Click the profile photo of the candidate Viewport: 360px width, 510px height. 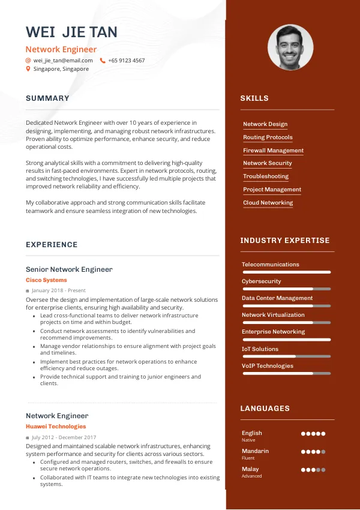coord(290,47)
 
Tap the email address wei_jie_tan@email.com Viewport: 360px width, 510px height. coord(63,61)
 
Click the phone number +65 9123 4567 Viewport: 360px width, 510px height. coord(126,61)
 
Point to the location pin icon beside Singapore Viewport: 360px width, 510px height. coord(28,69)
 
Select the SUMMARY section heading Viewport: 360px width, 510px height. coord(47,98)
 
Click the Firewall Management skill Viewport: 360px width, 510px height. coord(273,151)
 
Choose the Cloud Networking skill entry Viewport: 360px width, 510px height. coord(268,203)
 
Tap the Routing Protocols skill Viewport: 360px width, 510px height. coord(268,137)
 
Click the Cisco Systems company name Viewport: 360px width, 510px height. coord(46,280)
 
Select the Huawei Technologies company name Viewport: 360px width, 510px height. coord(56,427)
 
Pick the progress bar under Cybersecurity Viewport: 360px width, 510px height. coord(286,289)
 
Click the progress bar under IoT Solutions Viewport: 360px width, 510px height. coord(286,356)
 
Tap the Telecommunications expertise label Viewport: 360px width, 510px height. coord(270,265)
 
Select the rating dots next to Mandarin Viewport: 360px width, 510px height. coord(313,452)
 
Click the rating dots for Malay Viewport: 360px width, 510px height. coord(313,470)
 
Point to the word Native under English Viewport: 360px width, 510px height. coord(248,440)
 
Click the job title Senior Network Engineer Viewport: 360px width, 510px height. coord(69,269)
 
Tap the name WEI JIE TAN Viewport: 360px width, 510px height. coord(71,32)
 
